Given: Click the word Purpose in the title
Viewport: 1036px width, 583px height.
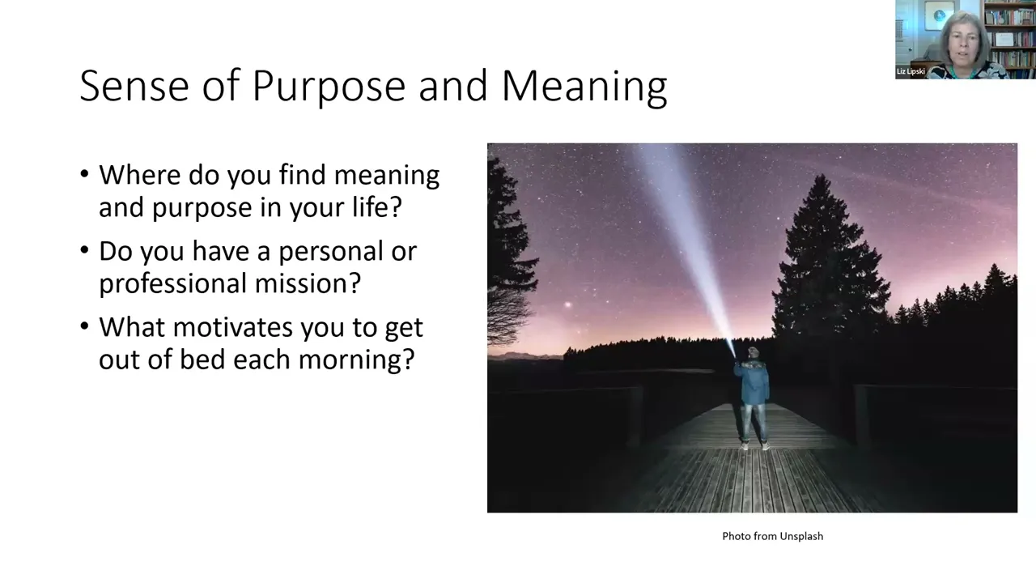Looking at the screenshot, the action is [x=329, y=87].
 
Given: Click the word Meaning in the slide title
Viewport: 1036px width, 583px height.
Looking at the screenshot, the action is [x=584, y=87].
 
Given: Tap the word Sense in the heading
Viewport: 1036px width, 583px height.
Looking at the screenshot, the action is [x=134, y=86].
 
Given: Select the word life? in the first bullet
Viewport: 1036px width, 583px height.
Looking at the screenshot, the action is [x=377, y=206].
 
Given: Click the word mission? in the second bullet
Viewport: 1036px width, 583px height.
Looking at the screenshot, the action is [x=308, y=283].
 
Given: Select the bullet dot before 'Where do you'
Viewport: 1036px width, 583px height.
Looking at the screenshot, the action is [x=84, y=174].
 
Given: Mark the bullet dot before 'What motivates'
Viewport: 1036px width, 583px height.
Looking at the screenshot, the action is [x=84, y=326].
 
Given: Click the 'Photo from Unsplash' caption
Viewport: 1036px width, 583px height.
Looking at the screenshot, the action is [x=772, y=536].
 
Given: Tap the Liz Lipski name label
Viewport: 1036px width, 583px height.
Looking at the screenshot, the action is [x=911, y=71].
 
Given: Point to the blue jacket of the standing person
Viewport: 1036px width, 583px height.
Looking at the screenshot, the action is [x=753, y=382].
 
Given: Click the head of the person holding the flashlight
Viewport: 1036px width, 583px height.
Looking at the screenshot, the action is [x=753, y=353].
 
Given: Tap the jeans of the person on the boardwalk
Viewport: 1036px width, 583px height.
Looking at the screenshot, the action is [x=754, y=423].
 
